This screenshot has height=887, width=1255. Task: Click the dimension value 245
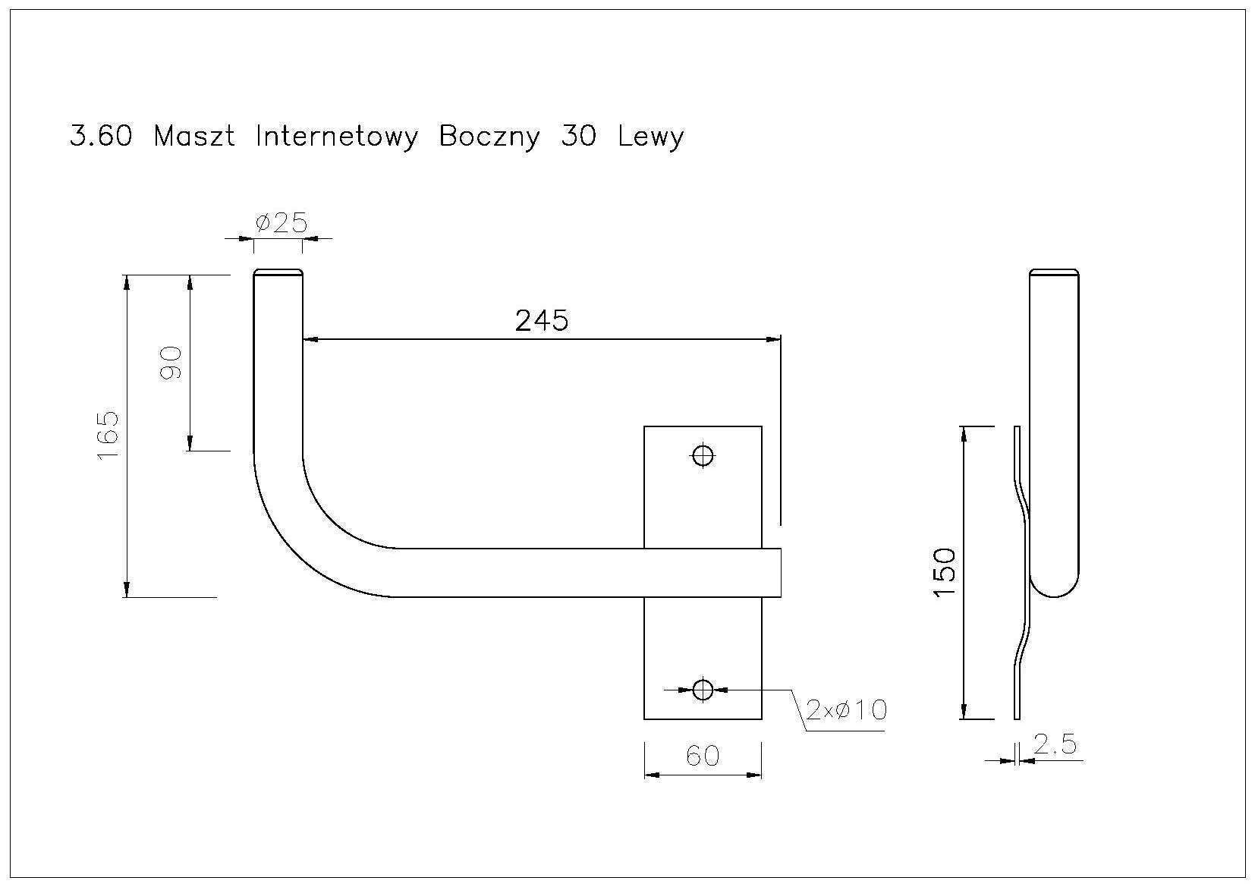click(541, 321)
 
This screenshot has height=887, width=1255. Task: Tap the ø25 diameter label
click(282, 223)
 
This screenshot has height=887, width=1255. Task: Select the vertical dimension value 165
click(109, 436)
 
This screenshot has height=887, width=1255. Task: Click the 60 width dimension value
click(703, 756)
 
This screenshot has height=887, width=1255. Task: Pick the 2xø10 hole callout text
click(847, 710)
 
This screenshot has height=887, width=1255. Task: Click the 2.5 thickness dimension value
click(1055, 744)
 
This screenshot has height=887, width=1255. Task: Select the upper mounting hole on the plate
click(703, 455)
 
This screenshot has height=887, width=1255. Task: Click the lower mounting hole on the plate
click(703, 690)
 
